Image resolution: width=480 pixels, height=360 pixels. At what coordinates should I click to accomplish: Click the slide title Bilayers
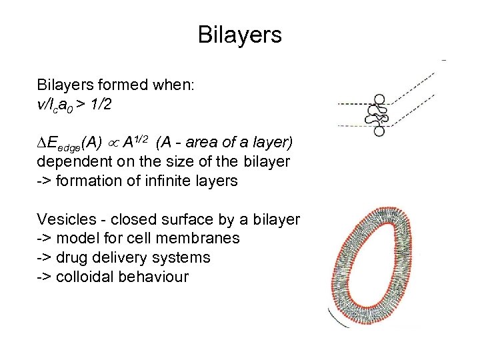pos(239,35)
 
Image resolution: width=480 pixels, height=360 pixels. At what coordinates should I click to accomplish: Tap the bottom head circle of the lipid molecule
pos(379,131)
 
